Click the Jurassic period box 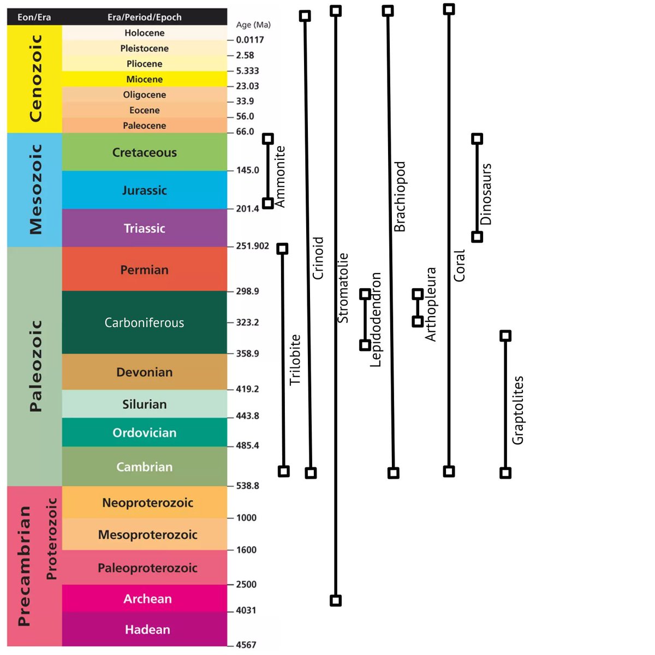click(144, 190)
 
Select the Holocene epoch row click(144, 33)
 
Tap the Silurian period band click(144, 404)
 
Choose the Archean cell click(147, 599)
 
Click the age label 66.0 click(245, 132)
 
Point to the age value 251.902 click(252, 246)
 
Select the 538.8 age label click(247, 486)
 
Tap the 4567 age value click(246, 645)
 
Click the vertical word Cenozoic click(35, 78)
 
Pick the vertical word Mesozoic click(35, 189)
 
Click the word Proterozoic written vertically click(52, 538)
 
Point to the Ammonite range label click(280, 176)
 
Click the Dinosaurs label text click(486, 194)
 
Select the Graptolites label click(518, 410)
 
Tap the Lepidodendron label click(376, 319)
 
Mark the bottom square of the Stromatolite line click(336, 600)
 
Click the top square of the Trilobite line click(282, 249)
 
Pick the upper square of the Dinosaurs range click(477, 139)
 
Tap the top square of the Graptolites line click(505, 336)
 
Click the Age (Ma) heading click(253, 25)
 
